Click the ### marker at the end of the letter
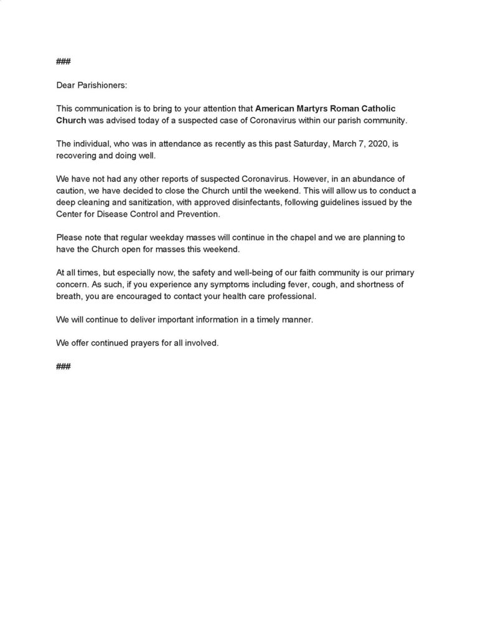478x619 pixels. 63,366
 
